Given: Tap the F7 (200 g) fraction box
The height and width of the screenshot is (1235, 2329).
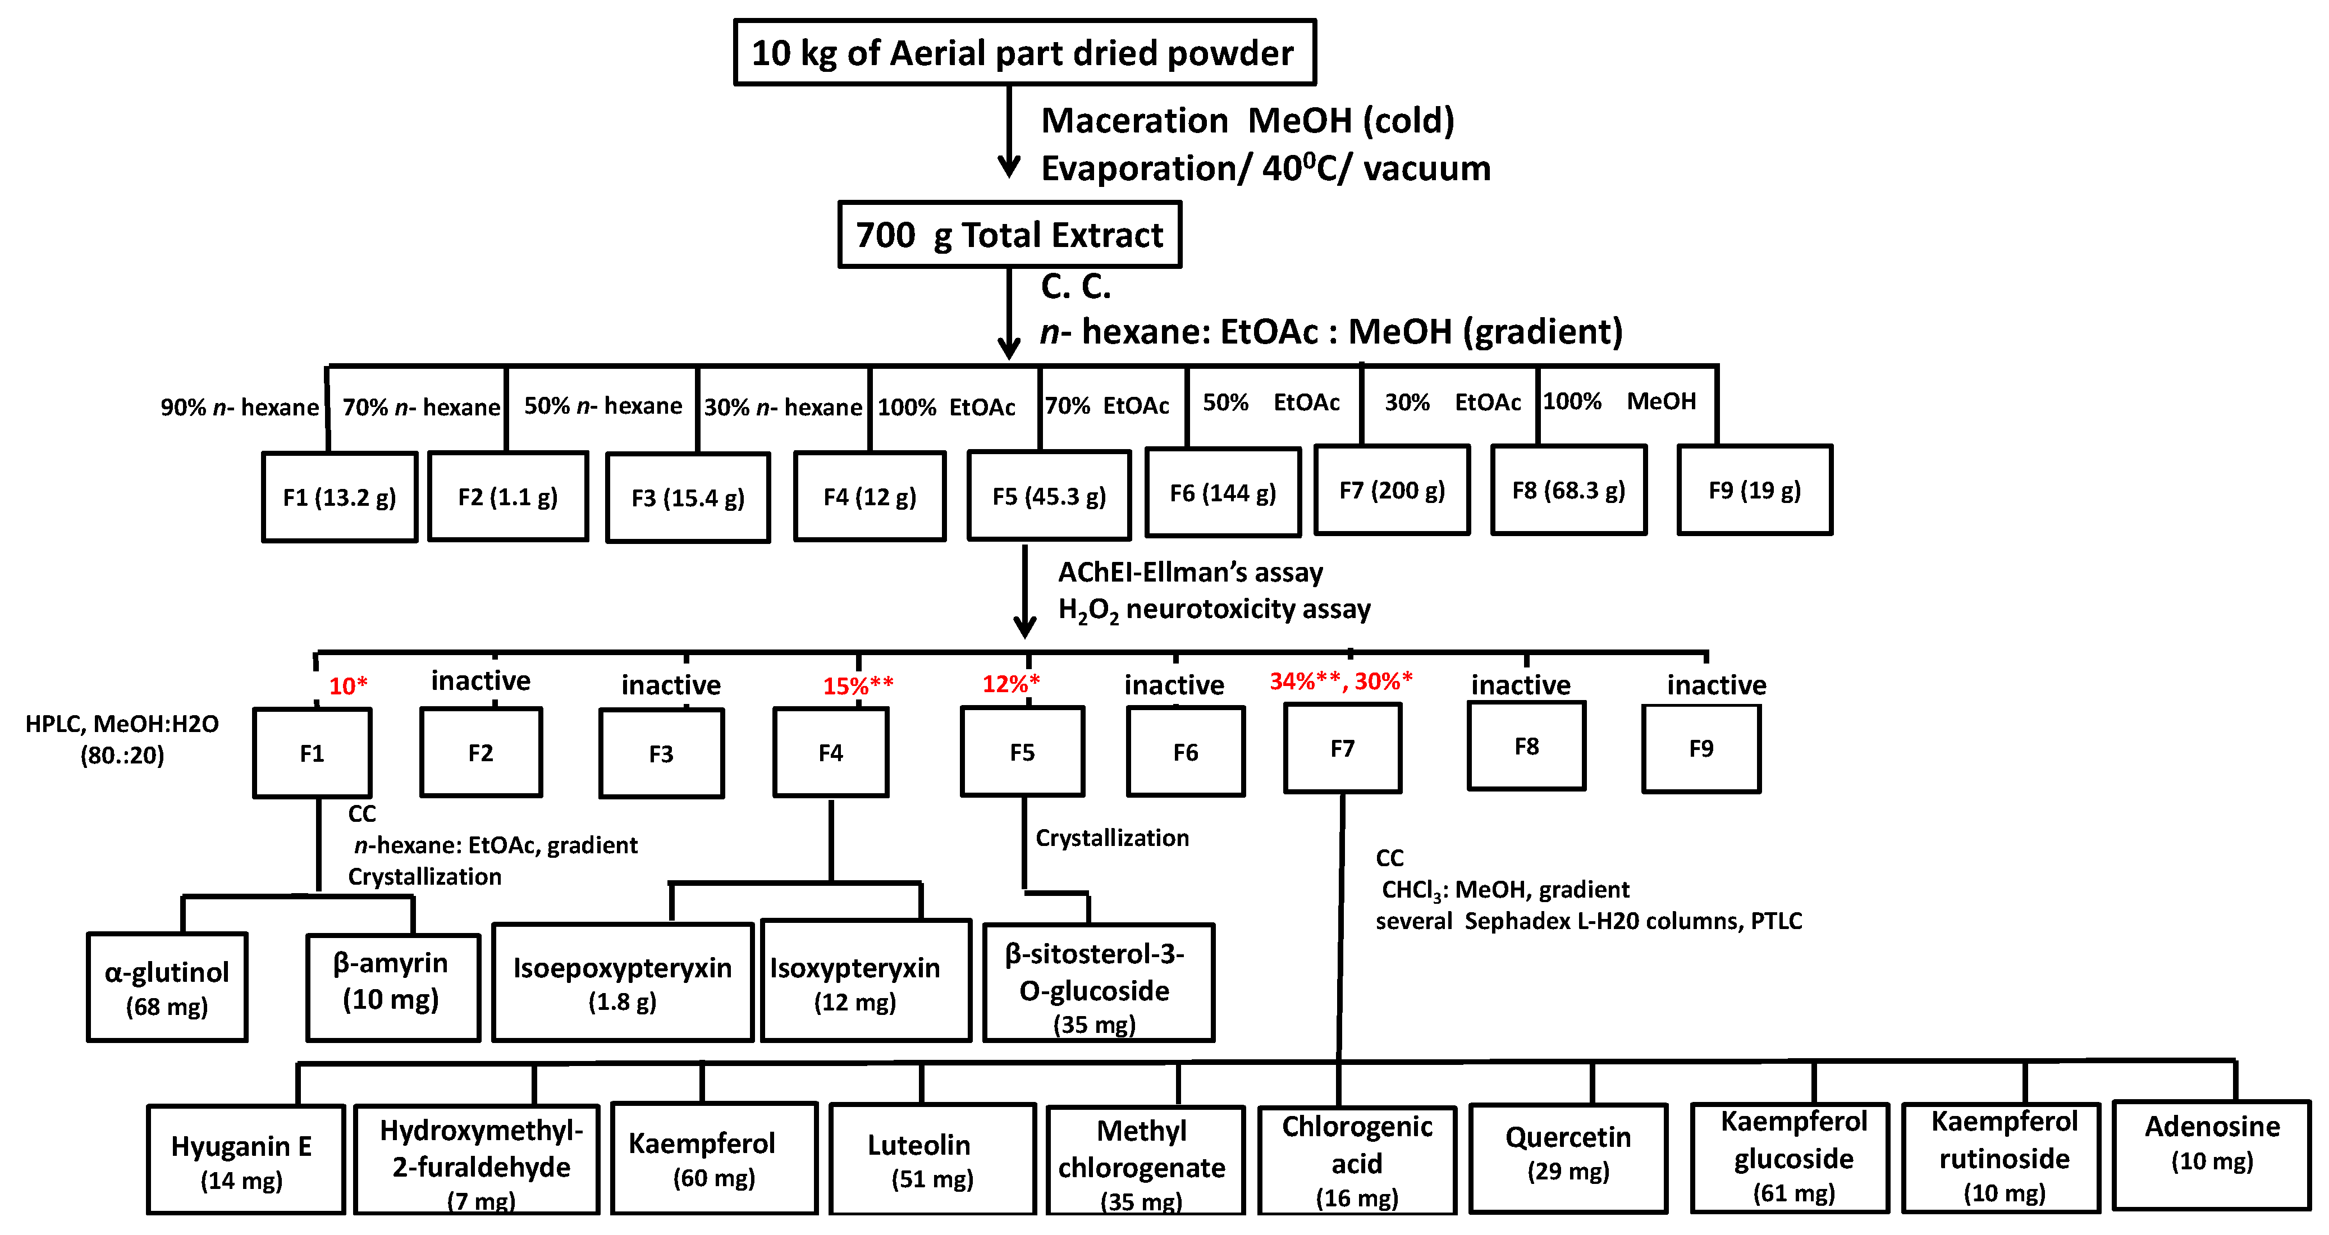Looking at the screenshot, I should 1392,490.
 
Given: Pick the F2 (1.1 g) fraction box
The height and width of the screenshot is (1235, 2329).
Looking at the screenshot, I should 507,496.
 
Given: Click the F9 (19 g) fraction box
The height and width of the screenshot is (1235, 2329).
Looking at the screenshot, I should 1754,490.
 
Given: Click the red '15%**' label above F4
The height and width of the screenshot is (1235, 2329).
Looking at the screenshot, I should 857,685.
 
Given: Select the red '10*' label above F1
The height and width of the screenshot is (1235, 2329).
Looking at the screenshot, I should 347,685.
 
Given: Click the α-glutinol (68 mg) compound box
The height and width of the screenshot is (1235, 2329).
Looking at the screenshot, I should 167,987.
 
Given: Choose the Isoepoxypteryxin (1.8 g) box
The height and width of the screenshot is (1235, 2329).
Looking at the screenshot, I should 622,983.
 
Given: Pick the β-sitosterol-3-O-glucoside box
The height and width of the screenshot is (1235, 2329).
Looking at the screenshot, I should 1097,984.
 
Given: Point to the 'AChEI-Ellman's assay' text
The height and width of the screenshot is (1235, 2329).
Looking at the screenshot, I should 1190,572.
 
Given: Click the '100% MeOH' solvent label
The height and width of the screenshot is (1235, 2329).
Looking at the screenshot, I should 1618,401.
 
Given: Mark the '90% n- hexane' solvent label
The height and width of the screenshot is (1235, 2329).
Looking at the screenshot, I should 240,407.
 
